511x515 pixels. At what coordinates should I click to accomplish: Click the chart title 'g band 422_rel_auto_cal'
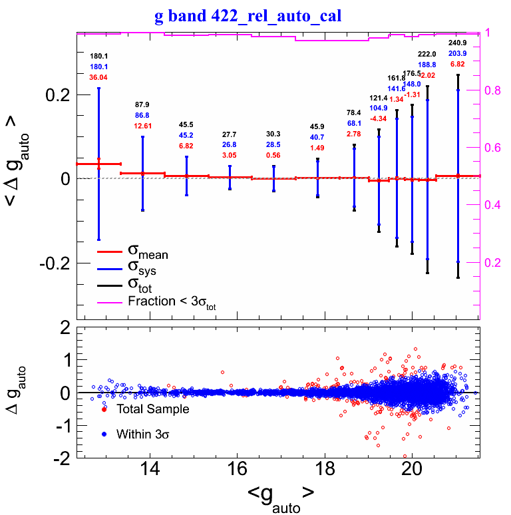pyautogui.click(x=248, y=16)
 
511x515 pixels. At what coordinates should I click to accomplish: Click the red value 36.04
pyautogui.click(x=98, y=77)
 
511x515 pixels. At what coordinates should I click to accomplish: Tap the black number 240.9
pyautogui.click(x=457, y=43)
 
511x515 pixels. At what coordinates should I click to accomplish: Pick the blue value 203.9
pyautogui.click(x=457, y=53)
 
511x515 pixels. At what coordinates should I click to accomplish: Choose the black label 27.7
pyautogui.click(x=230, y=135)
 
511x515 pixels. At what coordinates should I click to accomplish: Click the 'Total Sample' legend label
pyautogui.click(x=152, y=409)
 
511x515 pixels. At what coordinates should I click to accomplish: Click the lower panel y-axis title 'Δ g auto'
pyautogui.click(x=16, y=393)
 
